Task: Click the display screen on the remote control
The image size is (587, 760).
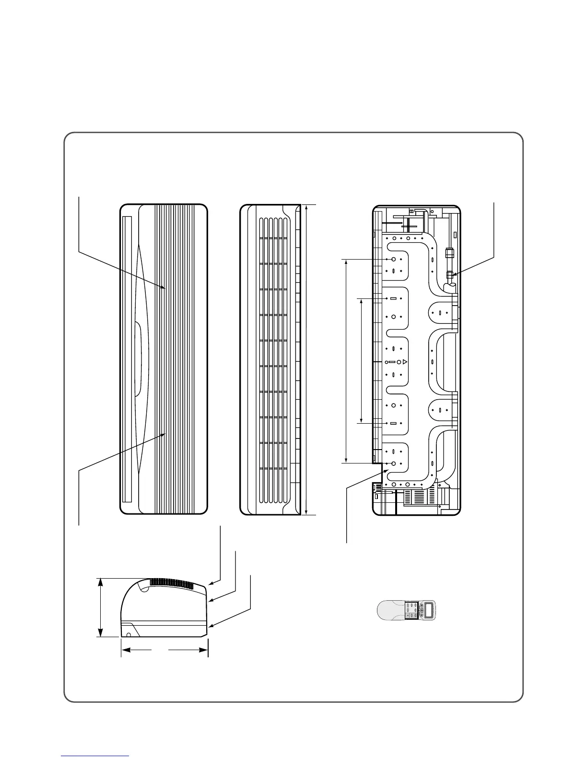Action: point(430,610)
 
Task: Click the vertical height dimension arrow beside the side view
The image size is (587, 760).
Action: point(100,607)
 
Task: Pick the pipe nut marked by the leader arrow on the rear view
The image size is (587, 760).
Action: point(450,275)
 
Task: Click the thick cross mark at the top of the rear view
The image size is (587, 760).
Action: point(408,225)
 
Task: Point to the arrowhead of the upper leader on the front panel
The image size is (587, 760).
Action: point(165,288)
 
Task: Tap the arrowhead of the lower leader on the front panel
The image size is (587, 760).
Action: point(165,434)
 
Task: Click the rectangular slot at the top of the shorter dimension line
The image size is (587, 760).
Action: point(393,298)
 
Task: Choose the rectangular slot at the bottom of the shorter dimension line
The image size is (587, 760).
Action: point(393,424)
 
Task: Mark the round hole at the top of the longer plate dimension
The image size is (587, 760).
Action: point(393,259)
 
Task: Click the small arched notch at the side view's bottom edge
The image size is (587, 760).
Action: point(129,635)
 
